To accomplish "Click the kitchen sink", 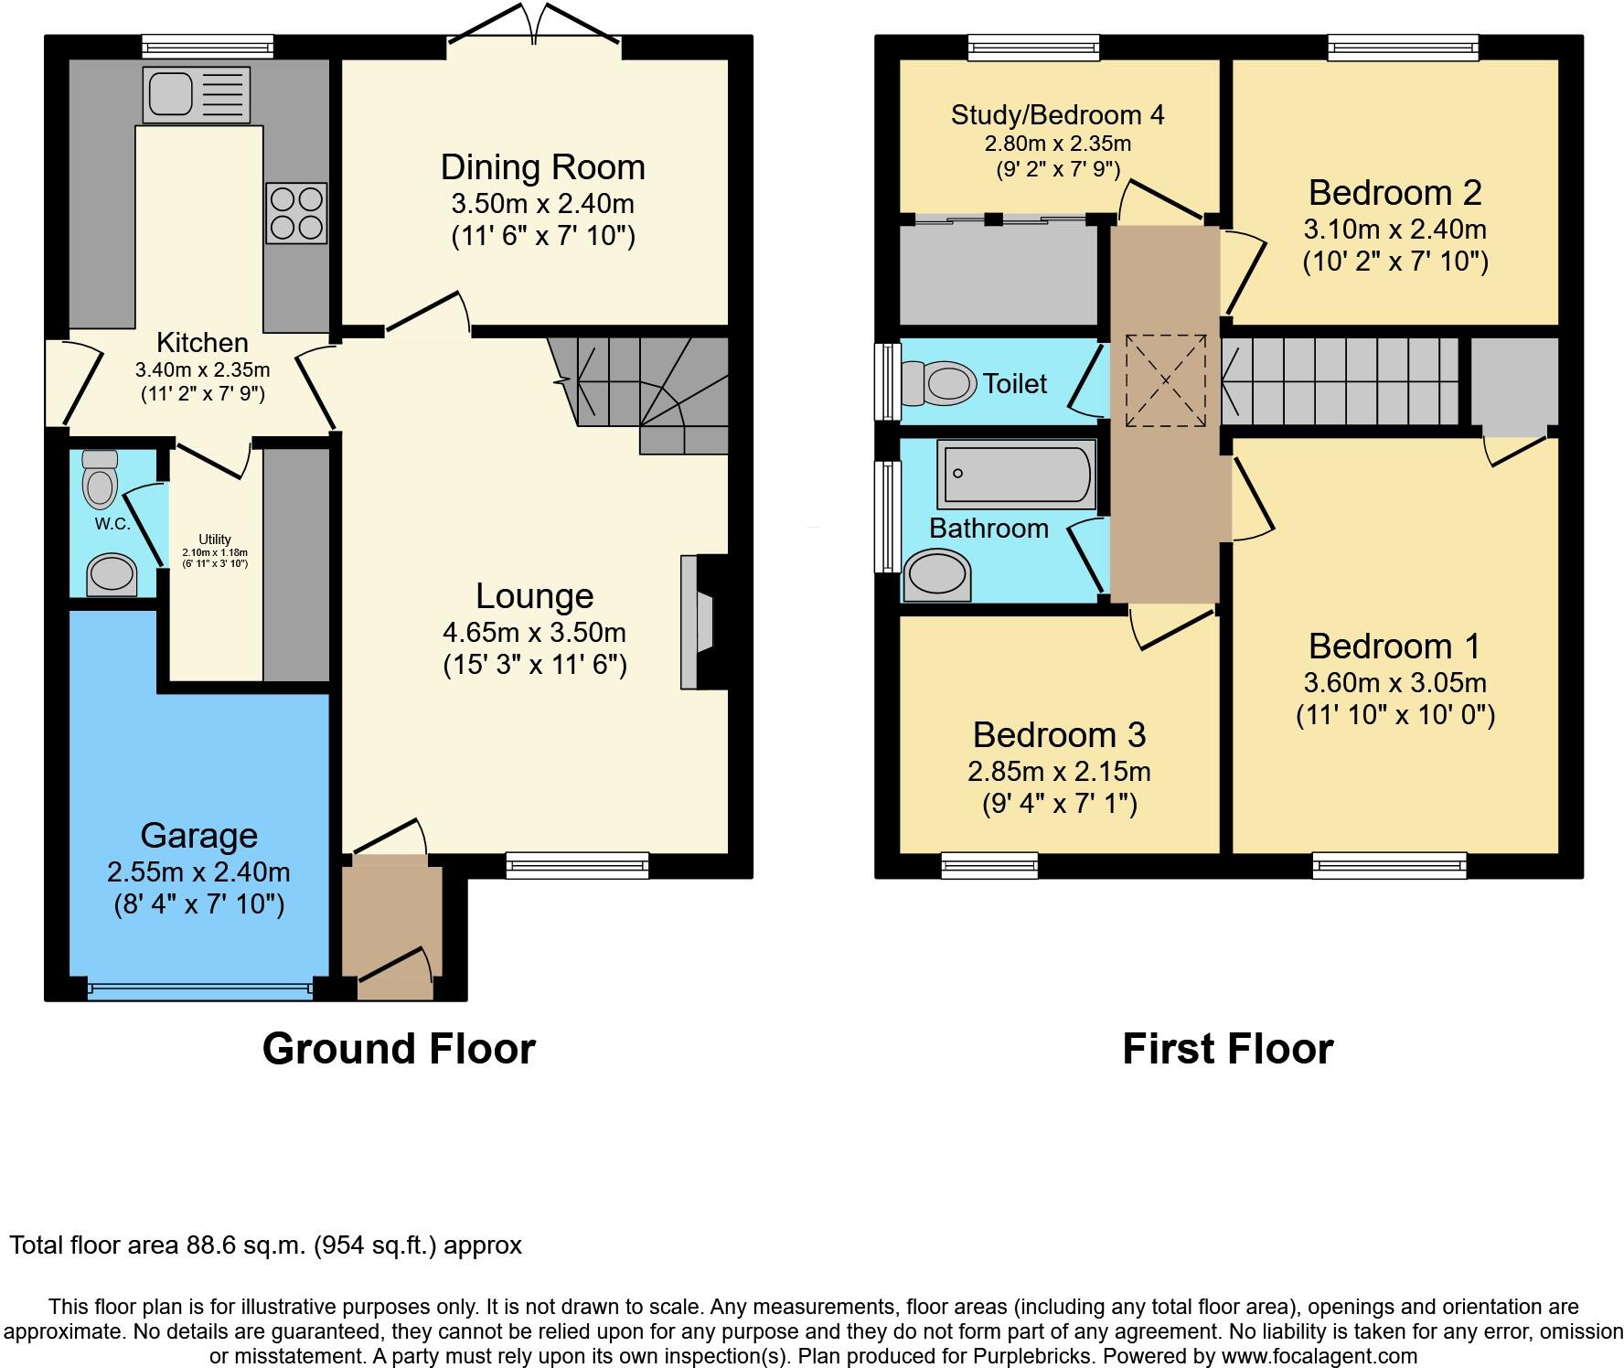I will tap(196, 94).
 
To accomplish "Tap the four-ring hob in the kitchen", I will tap(296, 212).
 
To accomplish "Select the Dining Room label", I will tap(542, 167).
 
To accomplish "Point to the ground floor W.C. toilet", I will tap(100, 479).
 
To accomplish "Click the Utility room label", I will tap(215, 540).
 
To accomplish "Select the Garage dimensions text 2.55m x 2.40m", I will tap(198, 871).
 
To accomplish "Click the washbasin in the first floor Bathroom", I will tap(936, 575).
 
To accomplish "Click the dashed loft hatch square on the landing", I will tap(1165, 380).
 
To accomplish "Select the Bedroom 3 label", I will tap(1059, 735).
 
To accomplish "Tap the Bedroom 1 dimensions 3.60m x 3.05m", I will tap(1394, 683).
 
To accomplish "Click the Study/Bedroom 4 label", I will tap(1057, 115).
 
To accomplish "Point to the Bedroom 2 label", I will tap(1394, 193).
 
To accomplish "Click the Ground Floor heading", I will tap(399, 1049).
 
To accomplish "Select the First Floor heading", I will tap(1227, 1049).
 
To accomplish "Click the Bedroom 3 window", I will tap(989, 864).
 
